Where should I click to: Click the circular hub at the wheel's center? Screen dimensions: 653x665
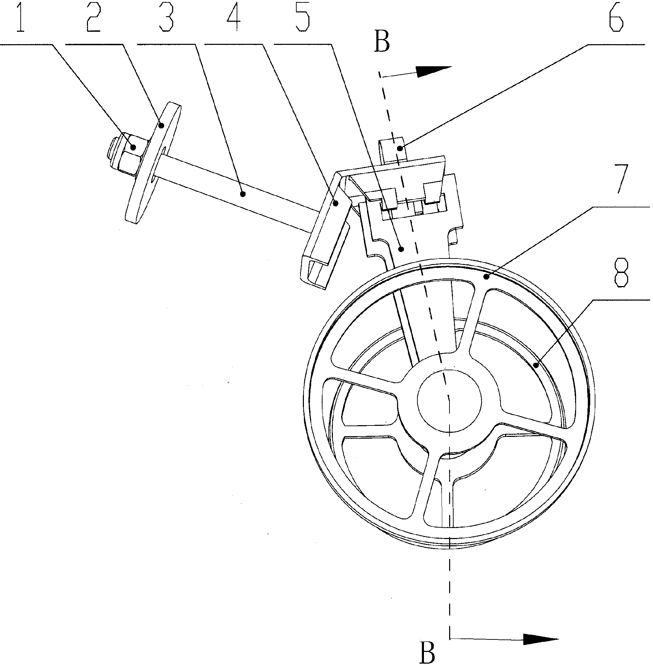[x=449, y=399]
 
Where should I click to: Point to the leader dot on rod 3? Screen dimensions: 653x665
[x=243, y=194]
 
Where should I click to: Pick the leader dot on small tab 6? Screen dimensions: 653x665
[x=400, y=149]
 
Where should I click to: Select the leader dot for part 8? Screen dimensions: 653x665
[x=536, y=365]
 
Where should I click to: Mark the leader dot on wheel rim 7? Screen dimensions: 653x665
[x=486, y=276]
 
